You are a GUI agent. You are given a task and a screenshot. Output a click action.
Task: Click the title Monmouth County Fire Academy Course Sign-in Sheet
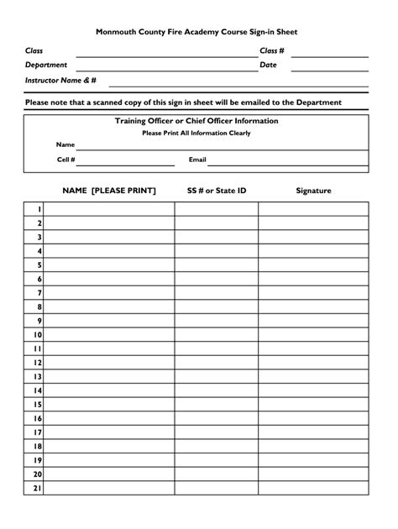pos(196,31)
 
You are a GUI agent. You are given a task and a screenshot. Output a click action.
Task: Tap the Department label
pos(46,65)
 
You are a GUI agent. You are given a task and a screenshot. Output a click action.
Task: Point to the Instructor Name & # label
pos(61,80)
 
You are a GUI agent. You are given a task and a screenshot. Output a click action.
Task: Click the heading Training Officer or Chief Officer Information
pos(196,121)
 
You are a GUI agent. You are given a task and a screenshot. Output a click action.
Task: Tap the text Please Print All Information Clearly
pos(196,133)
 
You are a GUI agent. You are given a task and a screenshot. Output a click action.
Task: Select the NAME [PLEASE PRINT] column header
pos(108,191)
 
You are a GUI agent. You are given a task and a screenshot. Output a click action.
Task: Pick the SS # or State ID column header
pos(217,191)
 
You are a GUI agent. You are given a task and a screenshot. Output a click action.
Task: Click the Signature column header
pos(313,191)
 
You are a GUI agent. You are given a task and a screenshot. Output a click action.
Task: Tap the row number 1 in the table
pos(39,210)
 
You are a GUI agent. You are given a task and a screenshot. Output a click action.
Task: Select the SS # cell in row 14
pos(216,390)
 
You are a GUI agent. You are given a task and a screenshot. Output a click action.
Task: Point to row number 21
pos(38,488)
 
